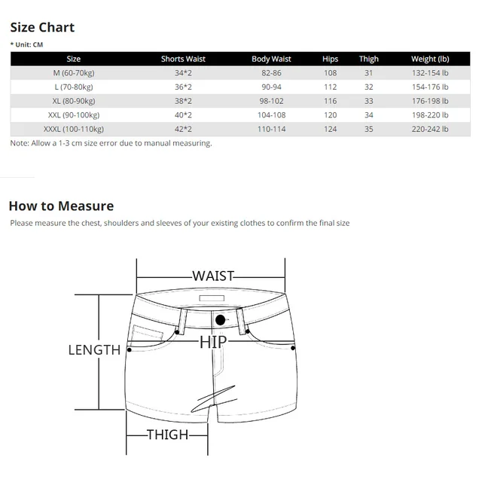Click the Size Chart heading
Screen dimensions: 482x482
point(41,28)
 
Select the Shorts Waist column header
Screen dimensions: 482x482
point(183,59)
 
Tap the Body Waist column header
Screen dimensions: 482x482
point(271,59)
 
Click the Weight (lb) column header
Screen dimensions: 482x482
point(430,59)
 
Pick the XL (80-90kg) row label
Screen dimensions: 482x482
point(73,101)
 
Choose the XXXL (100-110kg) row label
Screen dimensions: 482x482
point(73,129)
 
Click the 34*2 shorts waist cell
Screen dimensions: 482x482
point(183,73)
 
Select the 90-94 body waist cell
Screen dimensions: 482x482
point(271,87)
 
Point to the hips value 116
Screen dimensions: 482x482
point(330,101)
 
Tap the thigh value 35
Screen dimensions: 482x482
point(369,129)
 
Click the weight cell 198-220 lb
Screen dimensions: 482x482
point(430,114)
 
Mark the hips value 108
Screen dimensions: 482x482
point(330,73)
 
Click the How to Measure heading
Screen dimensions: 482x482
point(61,206)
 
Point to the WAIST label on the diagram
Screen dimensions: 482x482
point(213,276)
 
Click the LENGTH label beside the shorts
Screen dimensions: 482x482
point(94,350)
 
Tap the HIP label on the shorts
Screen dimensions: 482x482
point(213,343)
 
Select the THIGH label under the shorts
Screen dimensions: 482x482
point(168,435)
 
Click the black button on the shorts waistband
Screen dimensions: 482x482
point(221,320)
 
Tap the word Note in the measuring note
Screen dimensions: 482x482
point(19,143)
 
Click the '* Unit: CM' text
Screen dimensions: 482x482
point(27,44)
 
